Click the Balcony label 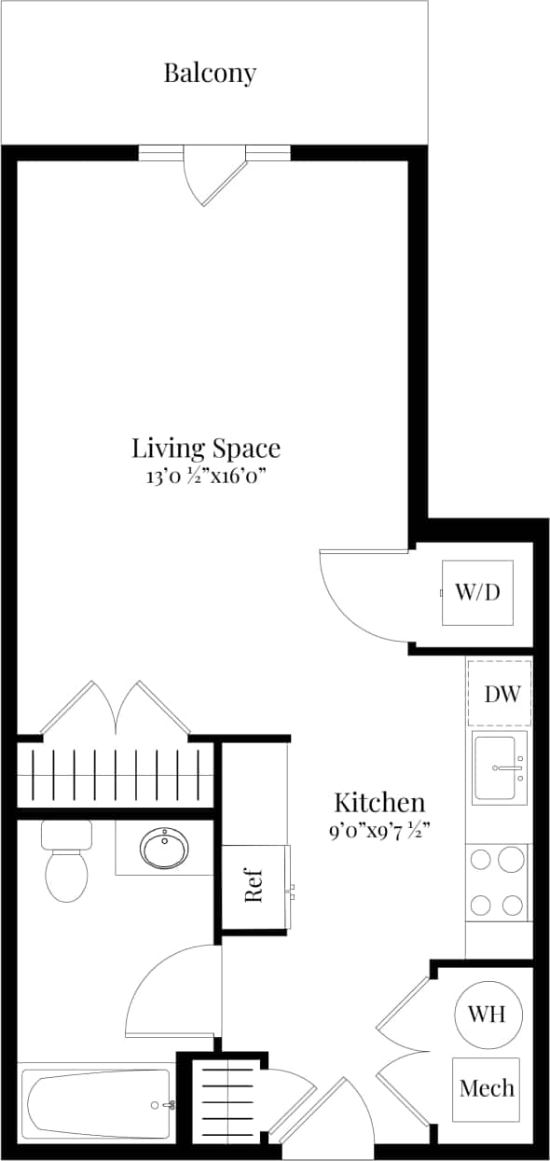[x=210, y=73]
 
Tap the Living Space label [x=205, y=448]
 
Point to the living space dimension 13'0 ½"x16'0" [x=205, y=477]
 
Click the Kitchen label [x=379, y=802]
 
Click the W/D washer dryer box [x=477, y=592]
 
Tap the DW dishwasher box [x=500, y=694]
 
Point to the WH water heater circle [x=487, y=1014]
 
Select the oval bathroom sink [x=165, y=848]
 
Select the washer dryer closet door [x=359, y=597]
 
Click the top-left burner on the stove [x=482, y=859]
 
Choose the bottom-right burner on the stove [x=512, y=904]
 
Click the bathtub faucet [x=169, y=1105]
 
